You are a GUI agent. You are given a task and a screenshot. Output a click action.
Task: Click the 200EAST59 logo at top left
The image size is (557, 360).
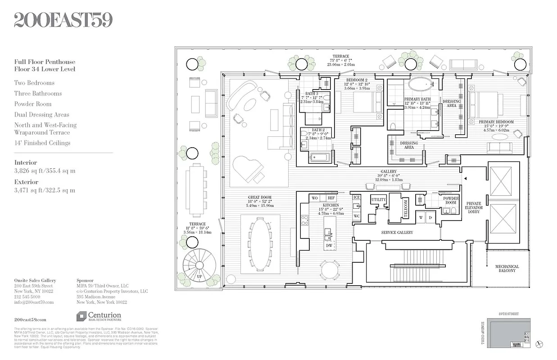click(63, 20)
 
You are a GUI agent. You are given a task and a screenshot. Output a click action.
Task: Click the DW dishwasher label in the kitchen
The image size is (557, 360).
click(329, 246)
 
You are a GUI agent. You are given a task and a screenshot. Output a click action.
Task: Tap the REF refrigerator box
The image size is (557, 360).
click(331, 198)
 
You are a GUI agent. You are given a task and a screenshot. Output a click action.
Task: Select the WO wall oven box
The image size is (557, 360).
click(315, 198)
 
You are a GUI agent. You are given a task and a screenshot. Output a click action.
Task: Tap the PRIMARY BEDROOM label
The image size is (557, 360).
click(496, 122)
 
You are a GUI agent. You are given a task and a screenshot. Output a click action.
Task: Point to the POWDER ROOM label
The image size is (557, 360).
click(451, 200)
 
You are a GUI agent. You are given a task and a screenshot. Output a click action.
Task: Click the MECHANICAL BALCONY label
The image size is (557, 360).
click(507, 268)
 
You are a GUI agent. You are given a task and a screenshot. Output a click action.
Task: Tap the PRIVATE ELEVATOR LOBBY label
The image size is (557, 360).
click(474, 207)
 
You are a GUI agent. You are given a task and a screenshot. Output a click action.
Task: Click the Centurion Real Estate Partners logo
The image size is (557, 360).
click(99, 316)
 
